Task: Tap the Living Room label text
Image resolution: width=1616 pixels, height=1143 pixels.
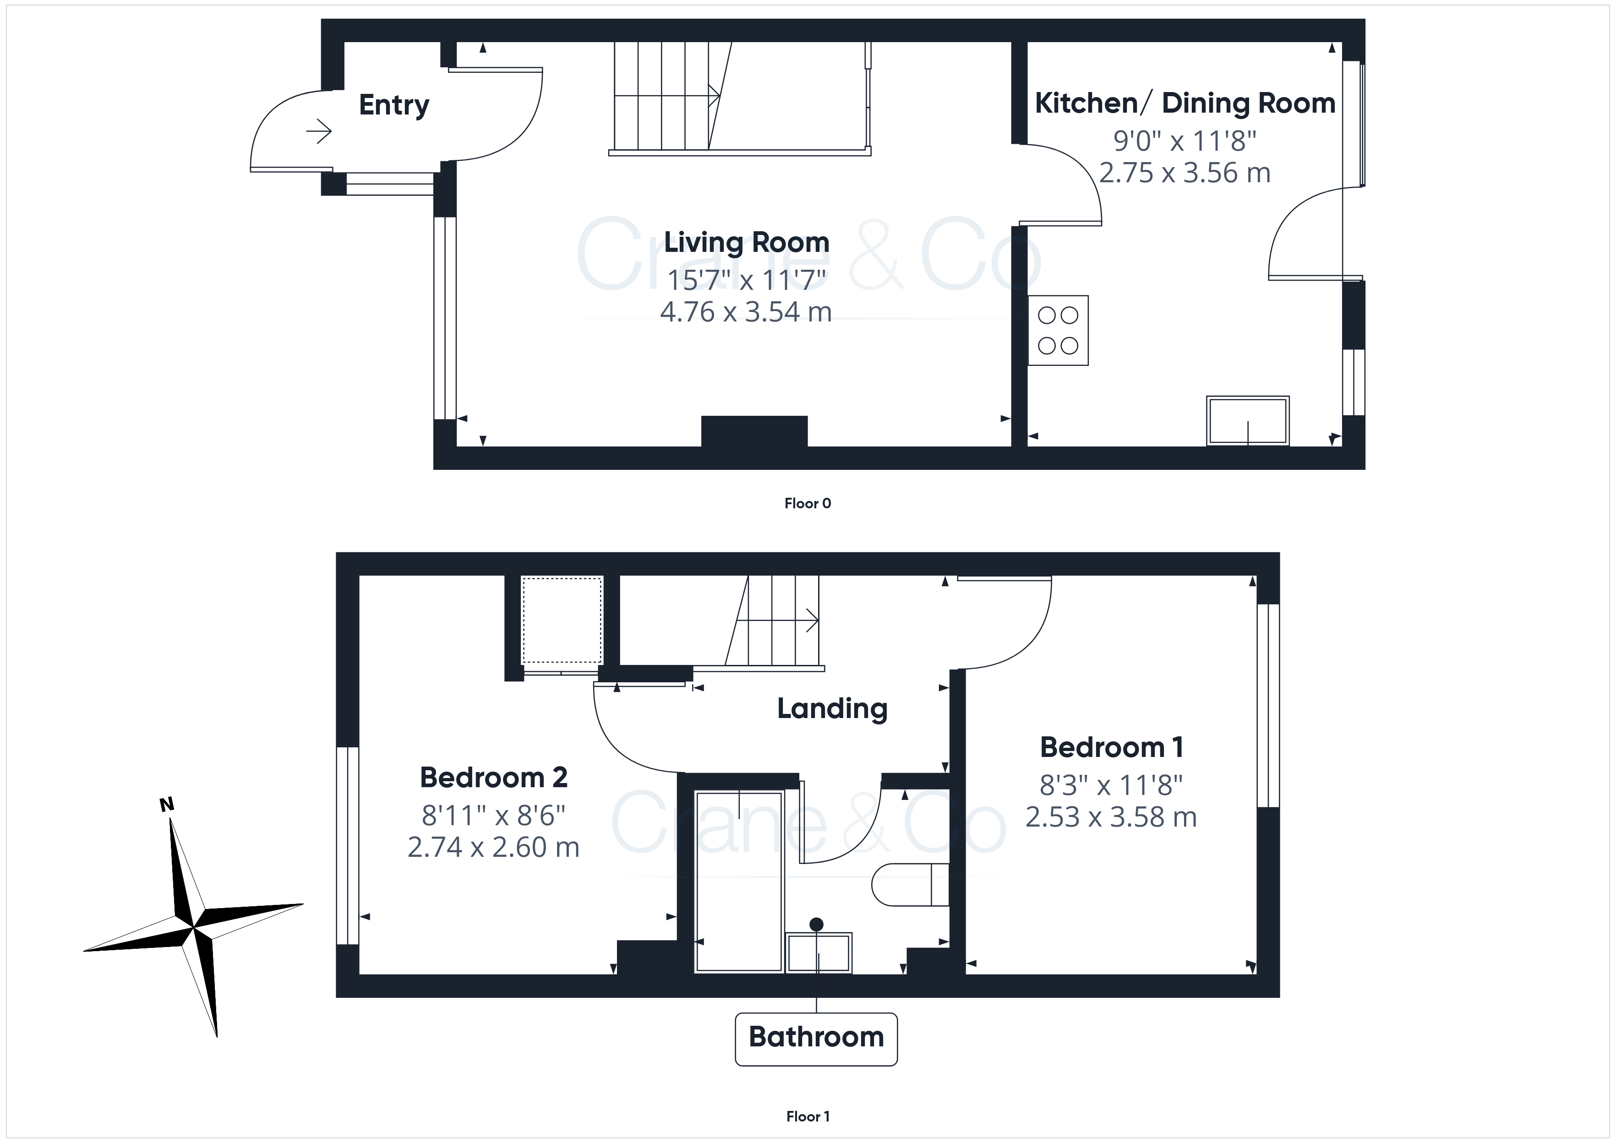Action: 747,242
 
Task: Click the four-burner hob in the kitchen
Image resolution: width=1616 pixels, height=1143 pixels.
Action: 1058,330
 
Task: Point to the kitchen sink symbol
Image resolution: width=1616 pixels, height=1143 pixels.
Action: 1248,421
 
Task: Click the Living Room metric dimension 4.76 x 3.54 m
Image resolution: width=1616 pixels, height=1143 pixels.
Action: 746,312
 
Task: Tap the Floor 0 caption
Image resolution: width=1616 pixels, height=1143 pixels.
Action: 808,503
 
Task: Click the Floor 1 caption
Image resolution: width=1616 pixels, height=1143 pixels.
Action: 808,1116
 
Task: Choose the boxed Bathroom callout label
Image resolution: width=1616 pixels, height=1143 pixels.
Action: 816,1039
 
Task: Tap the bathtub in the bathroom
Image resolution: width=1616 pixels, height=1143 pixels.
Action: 739,882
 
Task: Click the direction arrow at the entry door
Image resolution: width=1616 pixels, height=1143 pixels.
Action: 319,131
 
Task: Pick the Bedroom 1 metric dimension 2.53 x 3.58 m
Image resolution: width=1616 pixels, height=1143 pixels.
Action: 1111,817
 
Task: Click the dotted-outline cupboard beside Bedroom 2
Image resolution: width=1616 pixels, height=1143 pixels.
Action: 562,620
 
